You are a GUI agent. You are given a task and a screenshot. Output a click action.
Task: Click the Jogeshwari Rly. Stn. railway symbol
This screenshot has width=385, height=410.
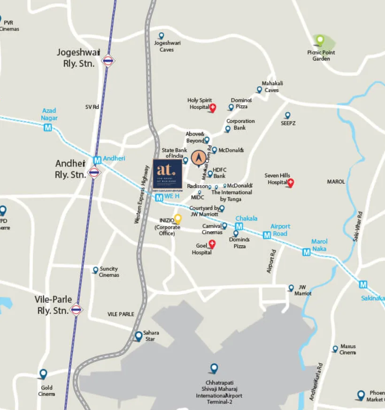click(108, 61)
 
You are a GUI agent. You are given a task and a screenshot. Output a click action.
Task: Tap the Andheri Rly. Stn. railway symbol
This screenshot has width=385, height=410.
click(94, 173)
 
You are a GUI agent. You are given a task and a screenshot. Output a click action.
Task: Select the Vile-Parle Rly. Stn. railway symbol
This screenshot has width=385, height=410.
click(77, 310)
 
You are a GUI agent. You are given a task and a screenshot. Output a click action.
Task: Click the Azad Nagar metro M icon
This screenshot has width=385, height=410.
click(48, 127)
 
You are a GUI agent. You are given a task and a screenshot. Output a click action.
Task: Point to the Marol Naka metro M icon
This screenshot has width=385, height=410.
click(307, 252)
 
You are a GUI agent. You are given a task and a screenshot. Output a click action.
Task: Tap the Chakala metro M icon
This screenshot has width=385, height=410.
click(239, 226)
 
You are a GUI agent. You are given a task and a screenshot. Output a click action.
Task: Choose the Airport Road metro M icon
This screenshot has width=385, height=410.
click(267, 235)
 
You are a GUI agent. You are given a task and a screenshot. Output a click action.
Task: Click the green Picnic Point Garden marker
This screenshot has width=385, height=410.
click(320, 39)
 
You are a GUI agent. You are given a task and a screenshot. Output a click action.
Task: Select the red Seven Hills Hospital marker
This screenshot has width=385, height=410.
click(290, 182)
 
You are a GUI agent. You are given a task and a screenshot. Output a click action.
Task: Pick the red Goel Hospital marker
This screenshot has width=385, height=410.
click(212, 243)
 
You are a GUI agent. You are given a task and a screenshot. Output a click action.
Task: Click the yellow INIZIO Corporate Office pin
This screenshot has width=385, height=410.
click(177, 219)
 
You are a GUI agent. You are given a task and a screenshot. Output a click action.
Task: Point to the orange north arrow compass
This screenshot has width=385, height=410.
click(198, 159)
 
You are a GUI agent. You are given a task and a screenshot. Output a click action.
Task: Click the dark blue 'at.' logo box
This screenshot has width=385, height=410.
click(167, 174)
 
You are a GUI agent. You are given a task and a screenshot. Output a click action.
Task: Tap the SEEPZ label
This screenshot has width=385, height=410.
click(288, 123)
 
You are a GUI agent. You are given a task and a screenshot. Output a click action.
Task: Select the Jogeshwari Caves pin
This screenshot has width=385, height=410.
click(162, 36)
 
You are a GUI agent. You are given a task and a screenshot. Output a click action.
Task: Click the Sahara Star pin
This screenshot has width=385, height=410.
click(139, 336)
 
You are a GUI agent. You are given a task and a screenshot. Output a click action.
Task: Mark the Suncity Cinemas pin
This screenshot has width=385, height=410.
click(96, 270)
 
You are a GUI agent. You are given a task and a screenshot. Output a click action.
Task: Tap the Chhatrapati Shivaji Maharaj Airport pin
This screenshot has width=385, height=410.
click(214, 368)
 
